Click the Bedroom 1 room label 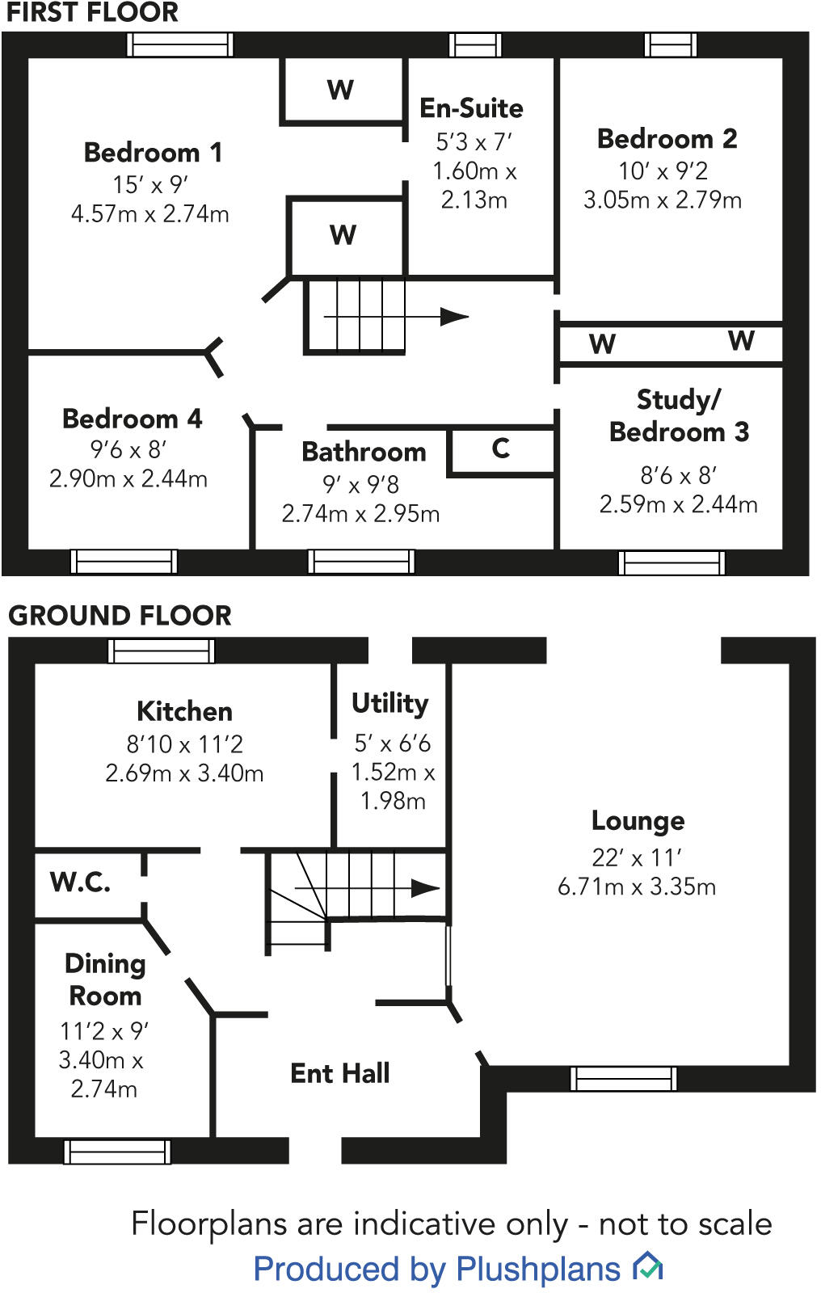(x=152, y=152)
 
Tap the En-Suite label (x=471, y=108)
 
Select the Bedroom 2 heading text (x=667, y=139)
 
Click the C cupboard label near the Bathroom (x=501, y=449)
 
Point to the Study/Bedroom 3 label (x=679, y=415)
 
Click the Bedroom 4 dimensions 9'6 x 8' (x=128, y=449)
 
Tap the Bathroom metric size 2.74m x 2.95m (x=360, y=514)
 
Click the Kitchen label (x=184, y=711)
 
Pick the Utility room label (x=389, y=703)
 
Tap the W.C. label (x=80, y=882)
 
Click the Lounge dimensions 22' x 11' (x=637, y=857)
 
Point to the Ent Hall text (x=340, y=1073)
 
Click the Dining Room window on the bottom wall (x=117, y=1151)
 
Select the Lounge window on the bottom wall (x=623, y=1078)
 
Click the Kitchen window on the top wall (x=162, y=651)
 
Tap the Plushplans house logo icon (x=647, y=1266)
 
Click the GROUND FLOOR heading (x=120, y=616)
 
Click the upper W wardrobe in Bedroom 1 (x=341, y=90)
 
